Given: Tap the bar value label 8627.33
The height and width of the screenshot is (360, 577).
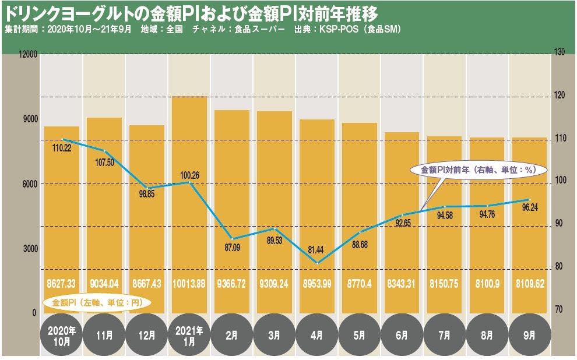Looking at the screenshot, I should point(61,284).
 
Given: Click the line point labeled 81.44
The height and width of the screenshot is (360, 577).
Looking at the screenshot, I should point(316,263).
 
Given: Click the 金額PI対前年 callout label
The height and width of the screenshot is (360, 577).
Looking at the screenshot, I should point(477,170).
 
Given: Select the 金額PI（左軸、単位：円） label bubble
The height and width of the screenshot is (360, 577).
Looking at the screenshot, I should point(97,303).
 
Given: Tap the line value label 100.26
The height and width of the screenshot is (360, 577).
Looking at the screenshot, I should point(189,174).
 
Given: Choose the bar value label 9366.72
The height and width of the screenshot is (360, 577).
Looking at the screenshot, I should point(231,284).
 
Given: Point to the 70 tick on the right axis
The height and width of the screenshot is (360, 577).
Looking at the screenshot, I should point(558,309).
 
